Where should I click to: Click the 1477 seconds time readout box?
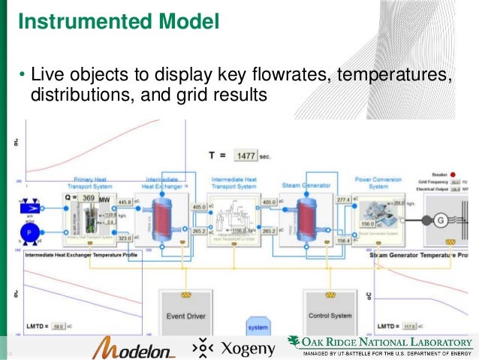click(246, 156)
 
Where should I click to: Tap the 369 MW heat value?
click(89, 198)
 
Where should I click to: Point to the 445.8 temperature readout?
click(125, 201)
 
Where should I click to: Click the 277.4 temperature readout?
click(344, 199)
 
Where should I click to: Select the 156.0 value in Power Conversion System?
click(367, 223)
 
